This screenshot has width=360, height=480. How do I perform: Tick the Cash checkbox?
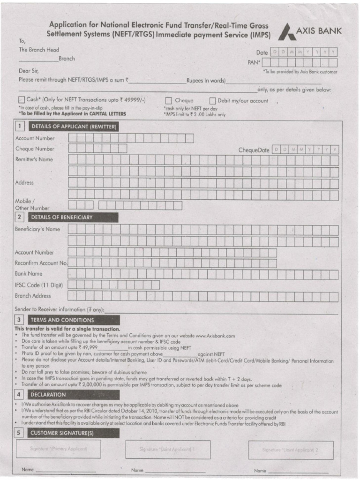(21, 100)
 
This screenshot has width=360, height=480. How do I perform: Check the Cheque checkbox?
(168, 100)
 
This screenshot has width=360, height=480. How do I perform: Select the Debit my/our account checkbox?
(212, 100)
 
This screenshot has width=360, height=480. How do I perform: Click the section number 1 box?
(20, 127)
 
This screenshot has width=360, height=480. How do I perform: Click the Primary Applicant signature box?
(59, 449)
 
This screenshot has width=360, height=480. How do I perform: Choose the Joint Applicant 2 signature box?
(291, 450)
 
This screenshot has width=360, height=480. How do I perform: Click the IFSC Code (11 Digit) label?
(39, 285)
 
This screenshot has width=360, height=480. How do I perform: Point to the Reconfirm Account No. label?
(41, 263)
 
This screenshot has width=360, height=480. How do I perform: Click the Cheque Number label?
(35, 149)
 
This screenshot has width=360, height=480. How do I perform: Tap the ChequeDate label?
(254, 150)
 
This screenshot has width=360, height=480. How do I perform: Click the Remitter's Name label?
(34, 160)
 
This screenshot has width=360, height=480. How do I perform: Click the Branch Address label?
(33, 296)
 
